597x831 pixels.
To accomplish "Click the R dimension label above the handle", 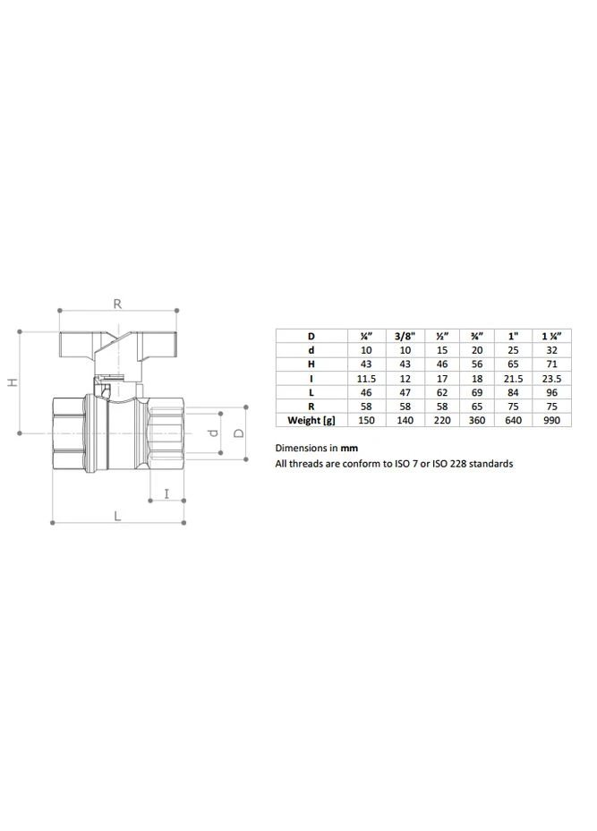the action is click(x=117, y=304).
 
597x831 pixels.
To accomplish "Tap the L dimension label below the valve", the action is click(x=117, y=515).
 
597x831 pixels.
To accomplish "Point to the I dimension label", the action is click(x=166, y=494).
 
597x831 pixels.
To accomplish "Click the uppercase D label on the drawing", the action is click(x=239, y=433).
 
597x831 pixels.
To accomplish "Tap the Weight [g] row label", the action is click(x=311, y=420).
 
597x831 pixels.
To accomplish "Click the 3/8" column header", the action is click(x=405, y=336).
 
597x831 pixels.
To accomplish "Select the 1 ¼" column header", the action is click(x=551, y=336).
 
